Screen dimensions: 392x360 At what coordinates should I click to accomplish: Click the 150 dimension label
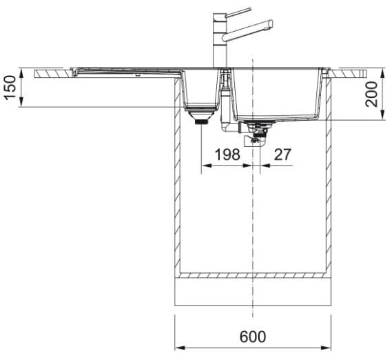click(11, 88)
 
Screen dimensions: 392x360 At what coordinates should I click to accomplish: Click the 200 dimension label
click(371, 94)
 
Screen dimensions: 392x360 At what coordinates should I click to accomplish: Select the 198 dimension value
click(227, 154)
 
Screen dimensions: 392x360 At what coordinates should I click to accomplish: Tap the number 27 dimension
click(282, 154)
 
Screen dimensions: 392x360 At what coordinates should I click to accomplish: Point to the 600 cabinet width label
click(253, 337)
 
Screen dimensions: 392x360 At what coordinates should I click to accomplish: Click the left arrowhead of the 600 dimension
click(180, 348)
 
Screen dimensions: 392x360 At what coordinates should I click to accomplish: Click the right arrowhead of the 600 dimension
click(326, 348)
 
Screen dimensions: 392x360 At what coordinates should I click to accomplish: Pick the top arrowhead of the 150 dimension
click(21, 72)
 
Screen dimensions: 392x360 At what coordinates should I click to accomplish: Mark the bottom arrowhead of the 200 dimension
click(382, 115)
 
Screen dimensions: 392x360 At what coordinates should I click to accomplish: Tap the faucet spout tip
click(270, 25)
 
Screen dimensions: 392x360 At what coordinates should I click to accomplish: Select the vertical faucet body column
click(220, 40)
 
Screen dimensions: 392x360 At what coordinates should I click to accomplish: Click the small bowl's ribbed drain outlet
click(201, 122)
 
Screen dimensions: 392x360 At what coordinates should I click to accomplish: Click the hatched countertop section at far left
click(53, 73)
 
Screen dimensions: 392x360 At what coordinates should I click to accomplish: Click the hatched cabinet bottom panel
click(253, 276)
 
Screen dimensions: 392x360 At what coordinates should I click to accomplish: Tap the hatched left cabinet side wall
click(178, 175)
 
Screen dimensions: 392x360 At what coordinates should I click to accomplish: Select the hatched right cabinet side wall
click(329, 175)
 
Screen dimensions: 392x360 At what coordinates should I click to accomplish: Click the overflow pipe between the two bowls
click(225, 100)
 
